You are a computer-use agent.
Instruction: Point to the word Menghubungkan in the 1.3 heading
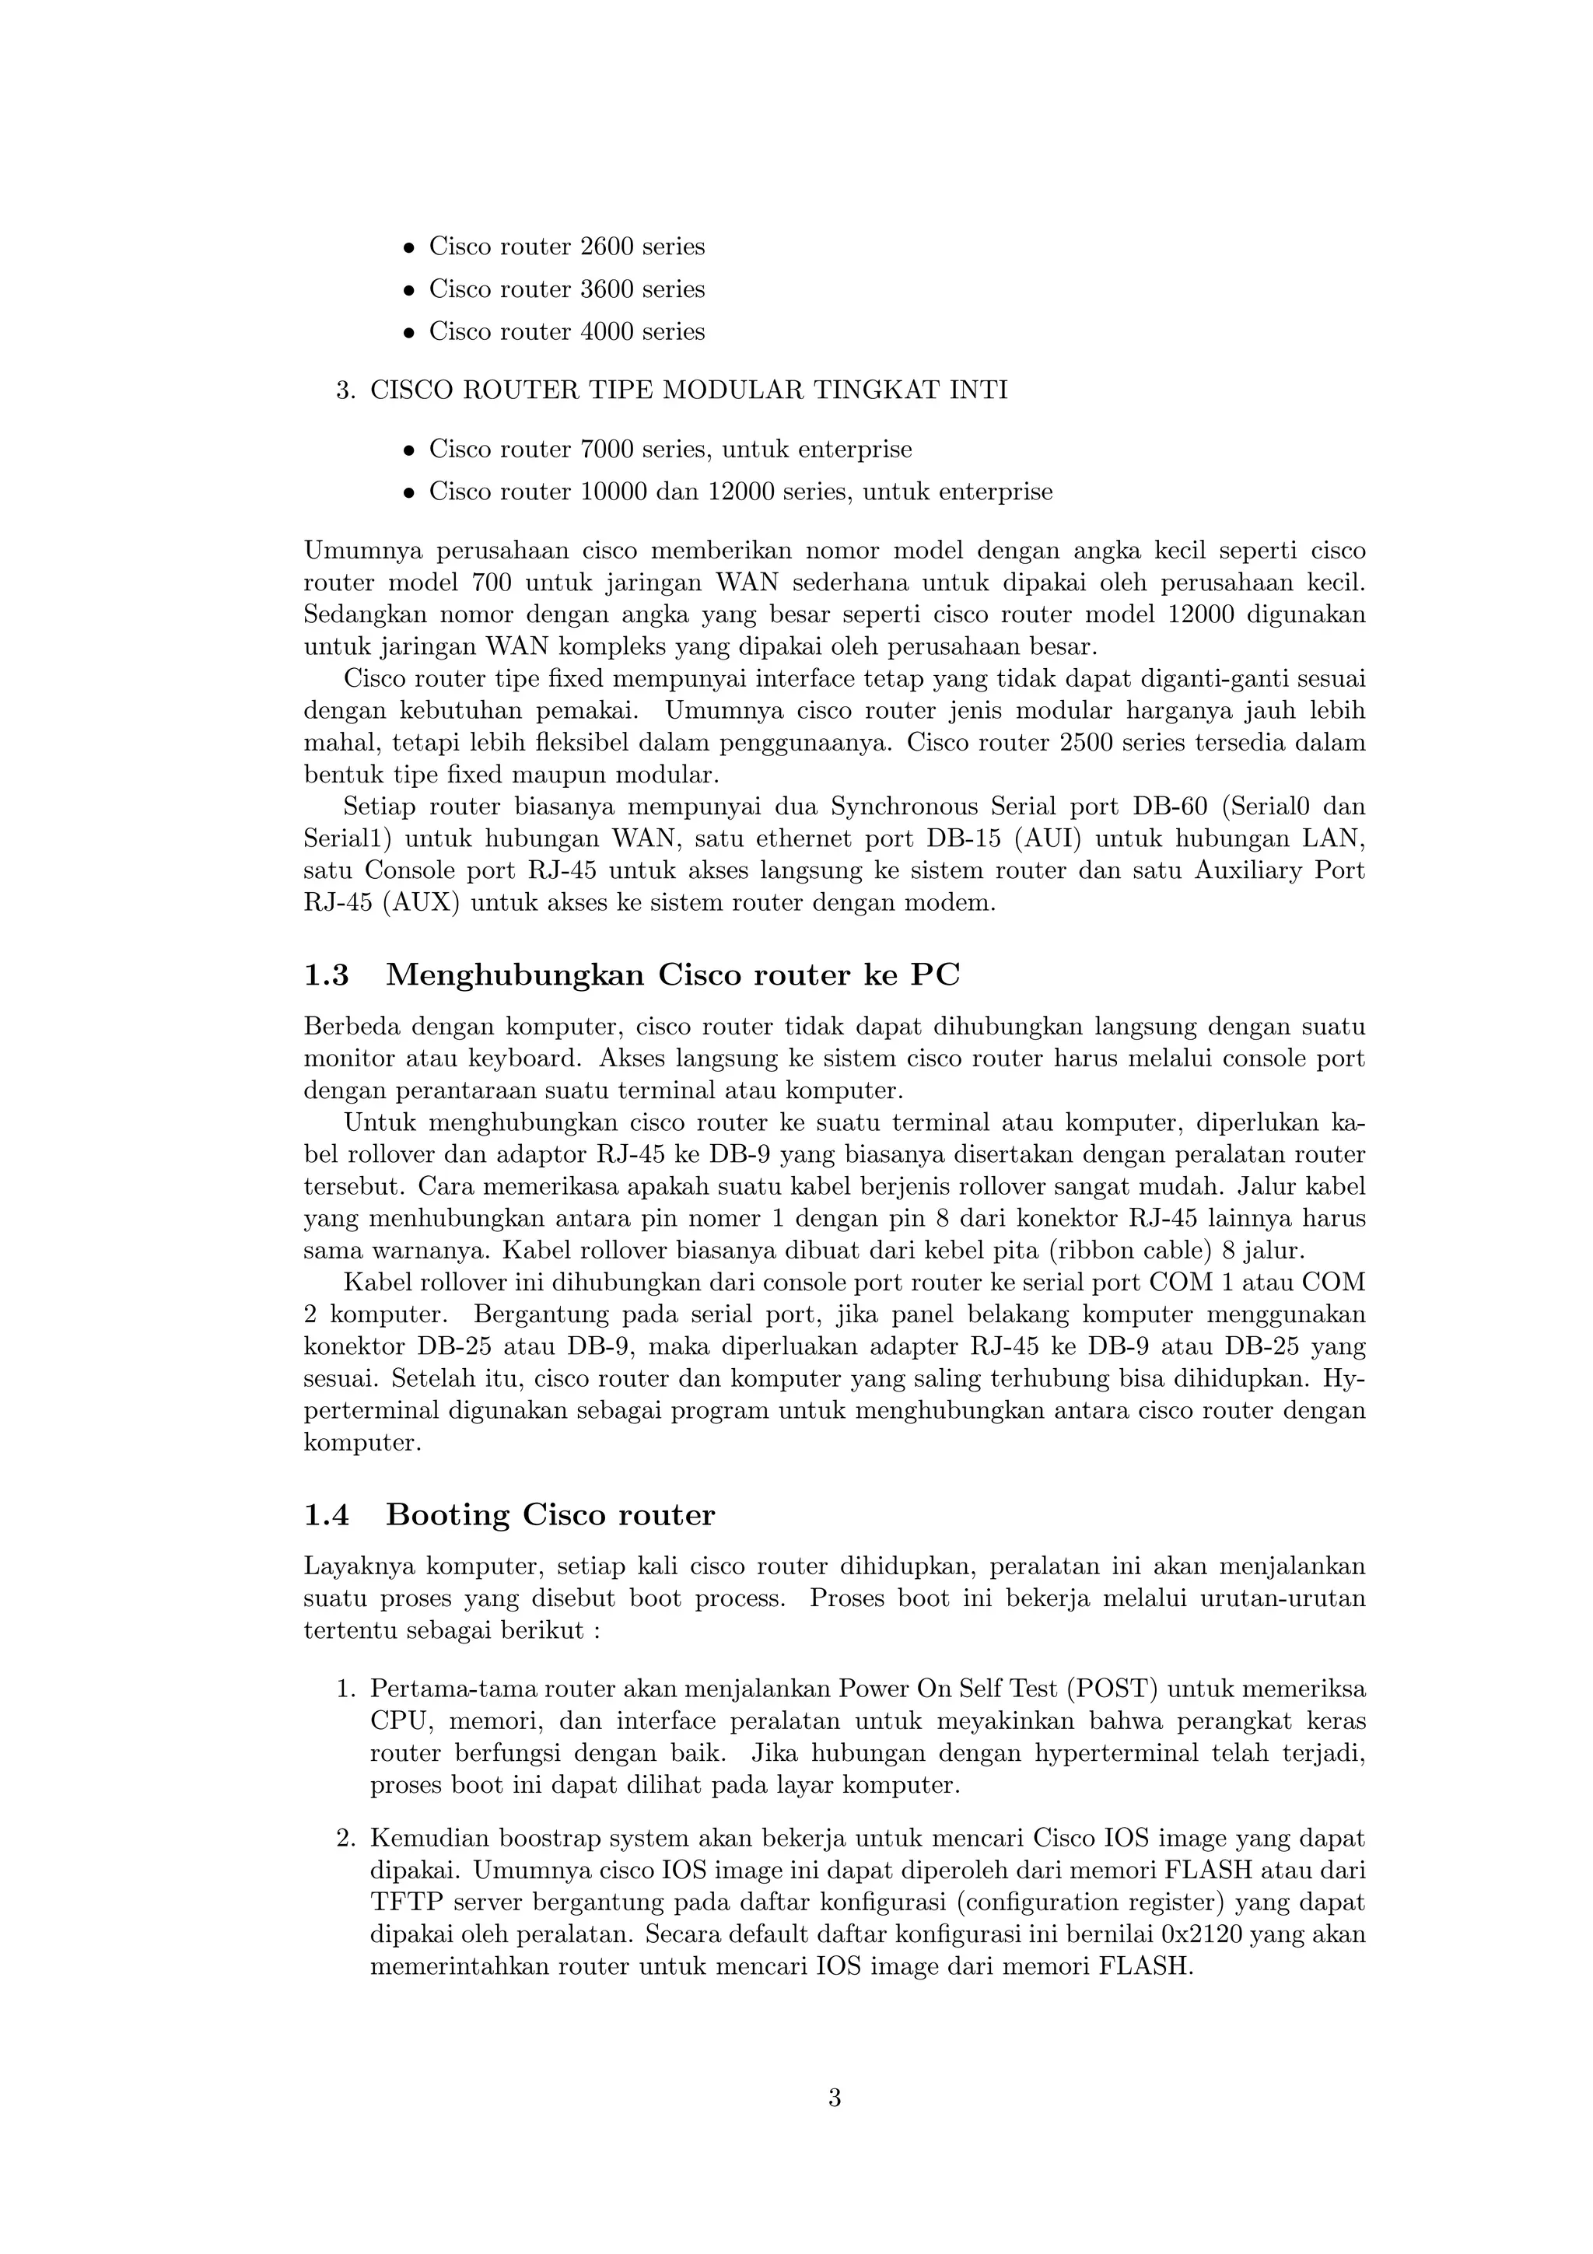pyautogui.click(x=514, y=976)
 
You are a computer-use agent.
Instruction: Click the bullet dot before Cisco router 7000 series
pyautogui.click(x=410, y=450)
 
